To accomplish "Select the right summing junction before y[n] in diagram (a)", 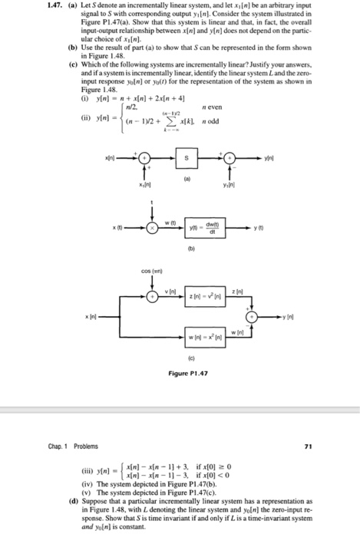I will (x=228, y=158).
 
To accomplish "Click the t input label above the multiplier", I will (x=152, y=203).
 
